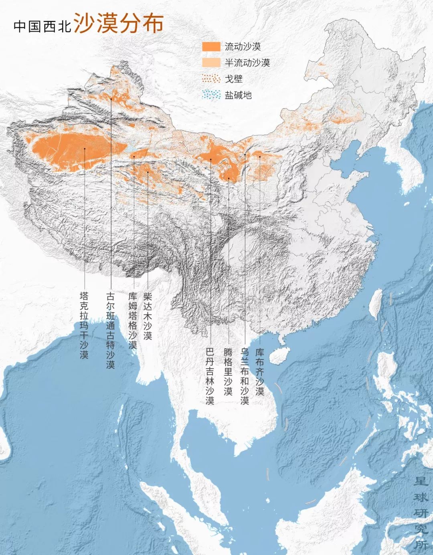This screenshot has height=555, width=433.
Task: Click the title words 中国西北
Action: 42,26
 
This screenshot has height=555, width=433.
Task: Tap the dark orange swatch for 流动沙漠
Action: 211,46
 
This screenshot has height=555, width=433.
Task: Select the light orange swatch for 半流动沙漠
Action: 211,63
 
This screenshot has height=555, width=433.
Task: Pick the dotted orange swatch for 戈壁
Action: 211,79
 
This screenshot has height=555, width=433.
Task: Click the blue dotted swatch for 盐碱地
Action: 211,95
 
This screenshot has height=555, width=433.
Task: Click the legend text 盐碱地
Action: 238,95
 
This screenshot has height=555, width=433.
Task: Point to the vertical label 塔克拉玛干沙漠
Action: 84,325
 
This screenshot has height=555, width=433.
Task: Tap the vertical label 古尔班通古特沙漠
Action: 110,330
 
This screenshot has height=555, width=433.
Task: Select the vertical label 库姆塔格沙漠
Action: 133,321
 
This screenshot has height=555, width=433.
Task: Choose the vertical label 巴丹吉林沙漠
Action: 210,376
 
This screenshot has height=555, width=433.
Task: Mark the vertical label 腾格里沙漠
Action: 228,371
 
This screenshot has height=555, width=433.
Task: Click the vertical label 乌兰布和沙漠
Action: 245,376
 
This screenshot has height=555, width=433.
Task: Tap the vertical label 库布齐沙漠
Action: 260,371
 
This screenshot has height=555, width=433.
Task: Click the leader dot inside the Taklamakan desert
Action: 85,148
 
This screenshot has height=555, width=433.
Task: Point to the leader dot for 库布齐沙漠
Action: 260,157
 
